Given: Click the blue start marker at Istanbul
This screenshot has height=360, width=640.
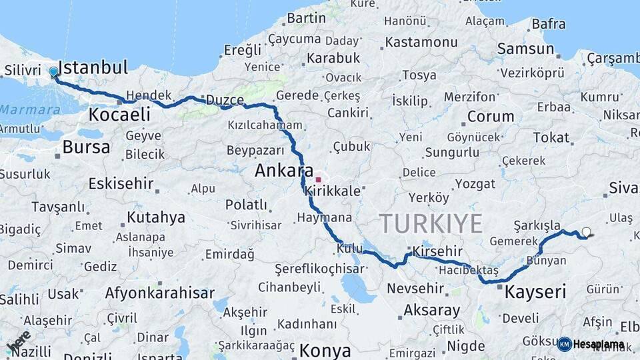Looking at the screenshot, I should click(53, 71).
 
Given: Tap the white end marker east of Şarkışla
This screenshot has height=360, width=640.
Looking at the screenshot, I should click(586, 232).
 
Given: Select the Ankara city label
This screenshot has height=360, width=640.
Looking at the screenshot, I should click(284, 171).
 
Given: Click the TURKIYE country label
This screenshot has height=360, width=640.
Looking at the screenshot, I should click(430, 223).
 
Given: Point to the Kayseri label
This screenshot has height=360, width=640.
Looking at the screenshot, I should click(535, 291).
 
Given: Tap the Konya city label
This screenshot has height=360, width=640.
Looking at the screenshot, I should click(325, 350).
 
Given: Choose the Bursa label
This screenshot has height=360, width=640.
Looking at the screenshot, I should click(86, 147).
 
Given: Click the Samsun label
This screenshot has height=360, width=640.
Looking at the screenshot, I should click(525, 49).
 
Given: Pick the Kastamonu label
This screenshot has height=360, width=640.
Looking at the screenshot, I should click(421, 42).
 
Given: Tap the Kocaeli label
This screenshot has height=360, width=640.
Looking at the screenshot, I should click(119, 115).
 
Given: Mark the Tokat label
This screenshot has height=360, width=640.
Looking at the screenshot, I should click(551, 138).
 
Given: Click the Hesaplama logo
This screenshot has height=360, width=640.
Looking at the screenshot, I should click(592, 344).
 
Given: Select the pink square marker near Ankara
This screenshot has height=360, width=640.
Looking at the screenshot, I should click(319, 179).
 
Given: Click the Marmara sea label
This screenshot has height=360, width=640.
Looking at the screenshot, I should click(30, 109).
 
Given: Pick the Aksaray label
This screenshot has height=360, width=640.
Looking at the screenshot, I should click(432, 310).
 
